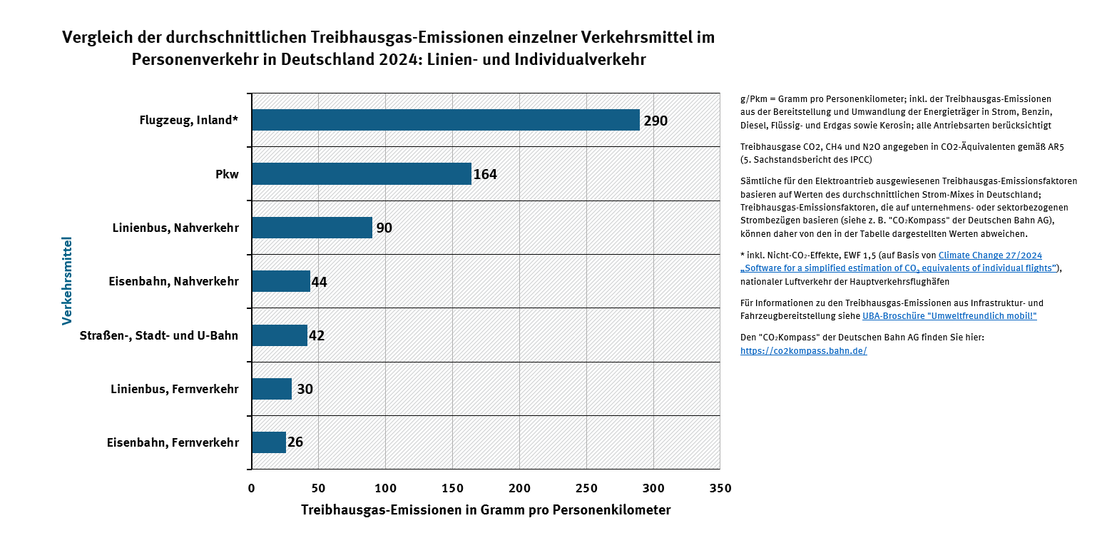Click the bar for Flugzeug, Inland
[445, 120]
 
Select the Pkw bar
[362, 173]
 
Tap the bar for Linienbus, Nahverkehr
[312, 228]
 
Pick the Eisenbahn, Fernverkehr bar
[269, 442]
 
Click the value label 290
[655, 121]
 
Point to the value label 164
[485, 174]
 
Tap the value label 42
[317, 335]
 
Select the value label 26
[295, 442]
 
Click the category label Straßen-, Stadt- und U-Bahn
[159, 335]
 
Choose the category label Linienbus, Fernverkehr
[175, 389]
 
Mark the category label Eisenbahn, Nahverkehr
[175, 282]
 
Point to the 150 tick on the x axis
[453, 488]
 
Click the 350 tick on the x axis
[720, 488]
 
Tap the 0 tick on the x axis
[251, 488]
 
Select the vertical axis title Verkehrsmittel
[67, 281]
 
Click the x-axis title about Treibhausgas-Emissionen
[486, 510]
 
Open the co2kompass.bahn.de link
[804, 351]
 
